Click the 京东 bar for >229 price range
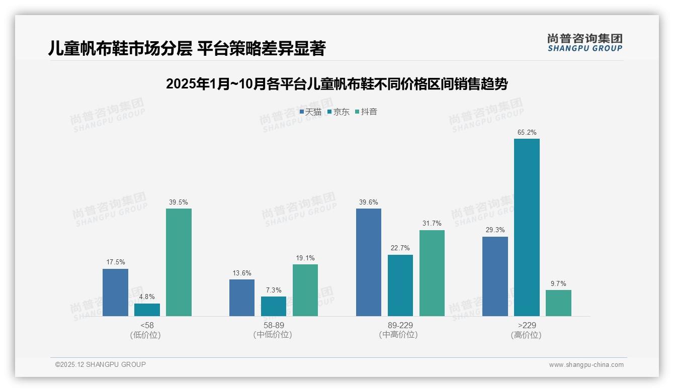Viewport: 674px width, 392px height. [x=527, y=227]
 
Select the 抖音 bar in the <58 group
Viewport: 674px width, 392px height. [x=179, y=262]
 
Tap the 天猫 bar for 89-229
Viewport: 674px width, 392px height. [x=369, y=262]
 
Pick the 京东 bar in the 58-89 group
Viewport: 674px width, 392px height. [x=274, y=306]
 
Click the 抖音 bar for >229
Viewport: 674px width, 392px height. [x=558, y=303]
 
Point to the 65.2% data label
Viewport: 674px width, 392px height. [x=527, y=133]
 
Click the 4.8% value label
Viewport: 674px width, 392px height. [x=147, y=297]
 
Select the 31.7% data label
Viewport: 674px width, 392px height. [x=432, y=224]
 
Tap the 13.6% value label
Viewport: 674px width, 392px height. [x=242, y=273]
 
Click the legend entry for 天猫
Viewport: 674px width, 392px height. [x=310, y=112]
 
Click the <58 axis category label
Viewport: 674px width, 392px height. [x=147, y=325]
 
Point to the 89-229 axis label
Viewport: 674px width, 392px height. [x=400, y=325]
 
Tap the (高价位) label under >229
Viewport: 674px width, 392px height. [x=526, y=335]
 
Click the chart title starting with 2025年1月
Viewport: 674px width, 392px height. [x=336, y=84]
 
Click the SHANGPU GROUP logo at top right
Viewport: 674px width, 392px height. [x=584, y=43]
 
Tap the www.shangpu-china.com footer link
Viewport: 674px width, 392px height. [x=586, y=365]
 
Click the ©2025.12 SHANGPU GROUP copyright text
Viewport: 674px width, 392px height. [x=101, y=365]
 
